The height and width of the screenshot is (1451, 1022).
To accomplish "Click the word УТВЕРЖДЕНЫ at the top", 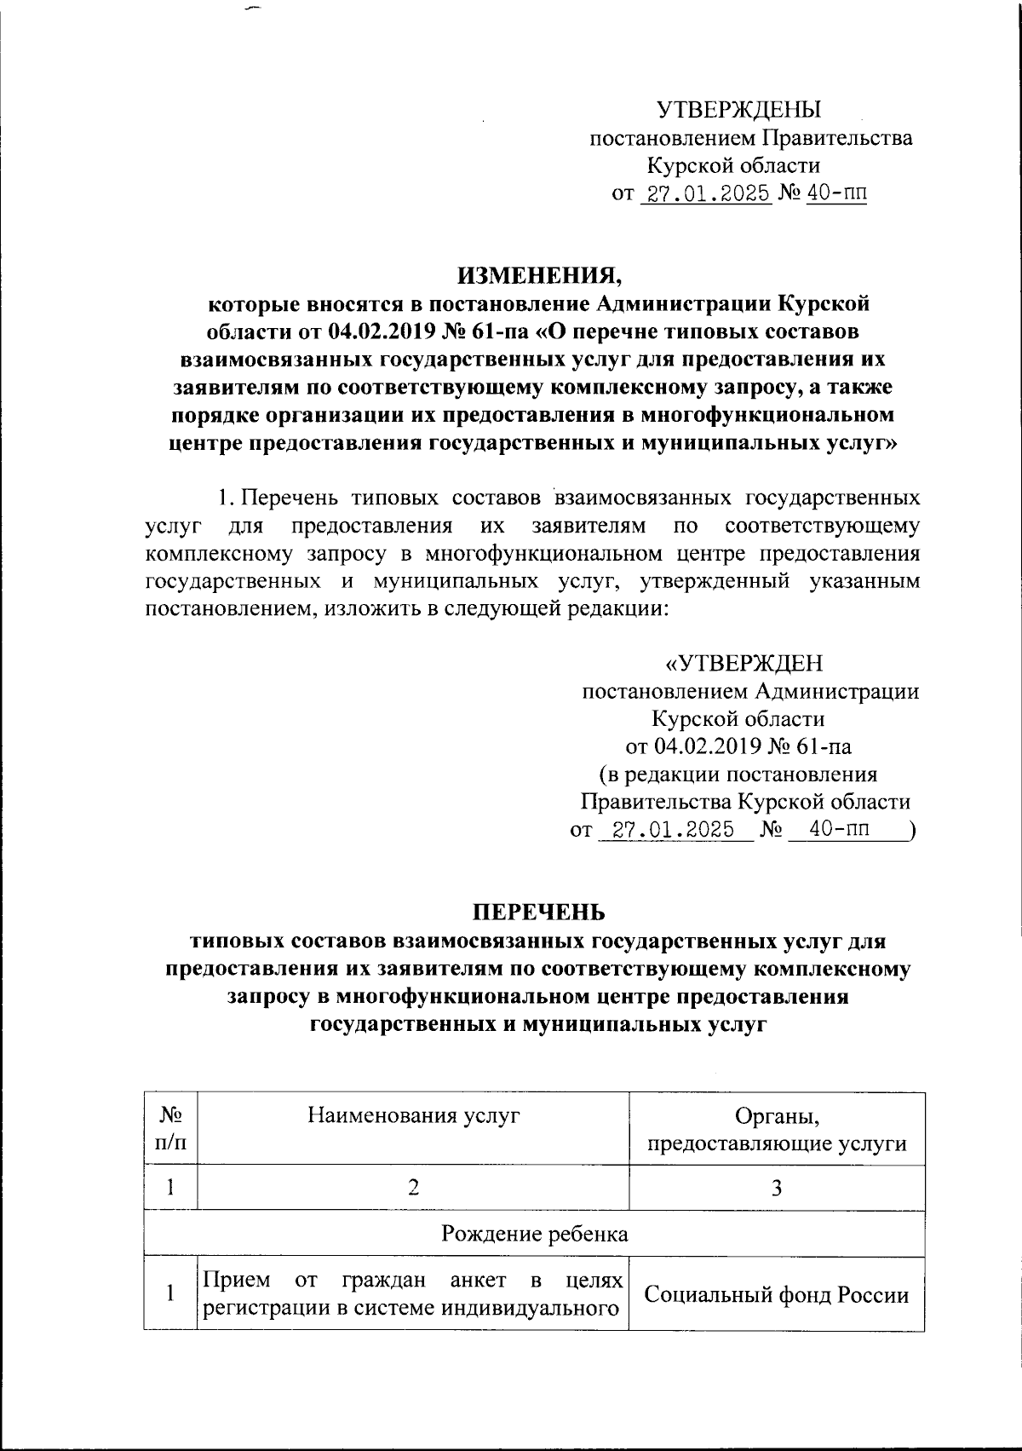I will click(x=738, y=110).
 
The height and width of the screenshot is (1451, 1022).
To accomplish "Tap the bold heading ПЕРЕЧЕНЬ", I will click(x=540, y=912).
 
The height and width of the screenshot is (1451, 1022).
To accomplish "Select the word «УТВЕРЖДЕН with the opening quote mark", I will click(x=744, y=663).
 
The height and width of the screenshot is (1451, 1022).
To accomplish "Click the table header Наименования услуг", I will click(x=414, y=1115).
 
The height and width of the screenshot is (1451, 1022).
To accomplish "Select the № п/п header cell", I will click(x=171, y=1128).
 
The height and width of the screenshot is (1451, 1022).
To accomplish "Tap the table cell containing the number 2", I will click(x=414, y=1187).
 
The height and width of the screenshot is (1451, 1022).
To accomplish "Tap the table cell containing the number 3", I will click(x=776, y=1187).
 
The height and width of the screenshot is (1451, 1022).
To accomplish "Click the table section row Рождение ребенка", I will click(x=534, y=1234).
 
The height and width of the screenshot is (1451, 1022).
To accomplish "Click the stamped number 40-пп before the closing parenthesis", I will click(x=840, y=829).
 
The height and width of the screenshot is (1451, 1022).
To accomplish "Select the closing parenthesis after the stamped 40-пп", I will click(x=912, y=830).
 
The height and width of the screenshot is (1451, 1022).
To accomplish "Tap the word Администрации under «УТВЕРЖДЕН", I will click(x=837, y=691).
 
